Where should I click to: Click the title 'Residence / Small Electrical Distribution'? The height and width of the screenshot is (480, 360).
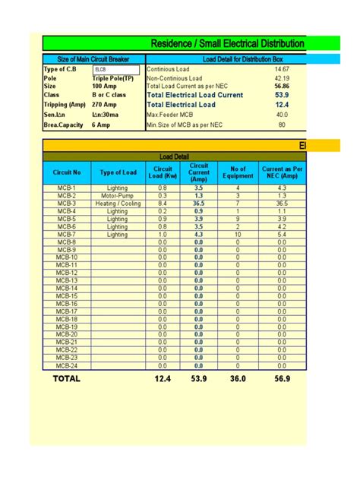tap(228, 44)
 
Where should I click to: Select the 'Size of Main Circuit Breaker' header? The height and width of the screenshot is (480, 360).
tap(93, 59)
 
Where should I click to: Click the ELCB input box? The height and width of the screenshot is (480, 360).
tap(115, 69)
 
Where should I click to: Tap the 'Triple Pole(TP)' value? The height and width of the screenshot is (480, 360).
tap(113, 78)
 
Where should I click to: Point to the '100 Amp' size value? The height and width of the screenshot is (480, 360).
tap(105, 87)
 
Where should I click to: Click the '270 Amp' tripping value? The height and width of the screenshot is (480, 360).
tap(105, 105)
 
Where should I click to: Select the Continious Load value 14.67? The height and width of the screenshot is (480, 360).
tap(282, 69)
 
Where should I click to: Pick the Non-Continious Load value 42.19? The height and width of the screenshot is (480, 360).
tap(282, 78)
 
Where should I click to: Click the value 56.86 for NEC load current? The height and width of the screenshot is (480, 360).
tap(282, 87)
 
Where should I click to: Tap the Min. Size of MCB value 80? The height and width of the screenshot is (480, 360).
tap(282, 125)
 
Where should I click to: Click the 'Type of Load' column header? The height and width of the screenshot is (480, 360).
tap(118, 173)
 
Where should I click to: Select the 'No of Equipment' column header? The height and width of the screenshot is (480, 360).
tap(238, 173)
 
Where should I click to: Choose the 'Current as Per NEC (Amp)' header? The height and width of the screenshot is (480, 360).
tap(282, 173)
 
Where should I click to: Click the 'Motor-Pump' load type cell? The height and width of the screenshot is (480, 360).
tap(118, 196)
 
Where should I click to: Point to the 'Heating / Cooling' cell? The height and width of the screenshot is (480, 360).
tap(118, 204)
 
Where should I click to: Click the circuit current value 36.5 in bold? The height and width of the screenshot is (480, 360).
tap(199, 204)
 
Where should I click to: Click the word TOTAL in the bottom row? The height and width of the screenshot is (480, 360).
tap(66, 378)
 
